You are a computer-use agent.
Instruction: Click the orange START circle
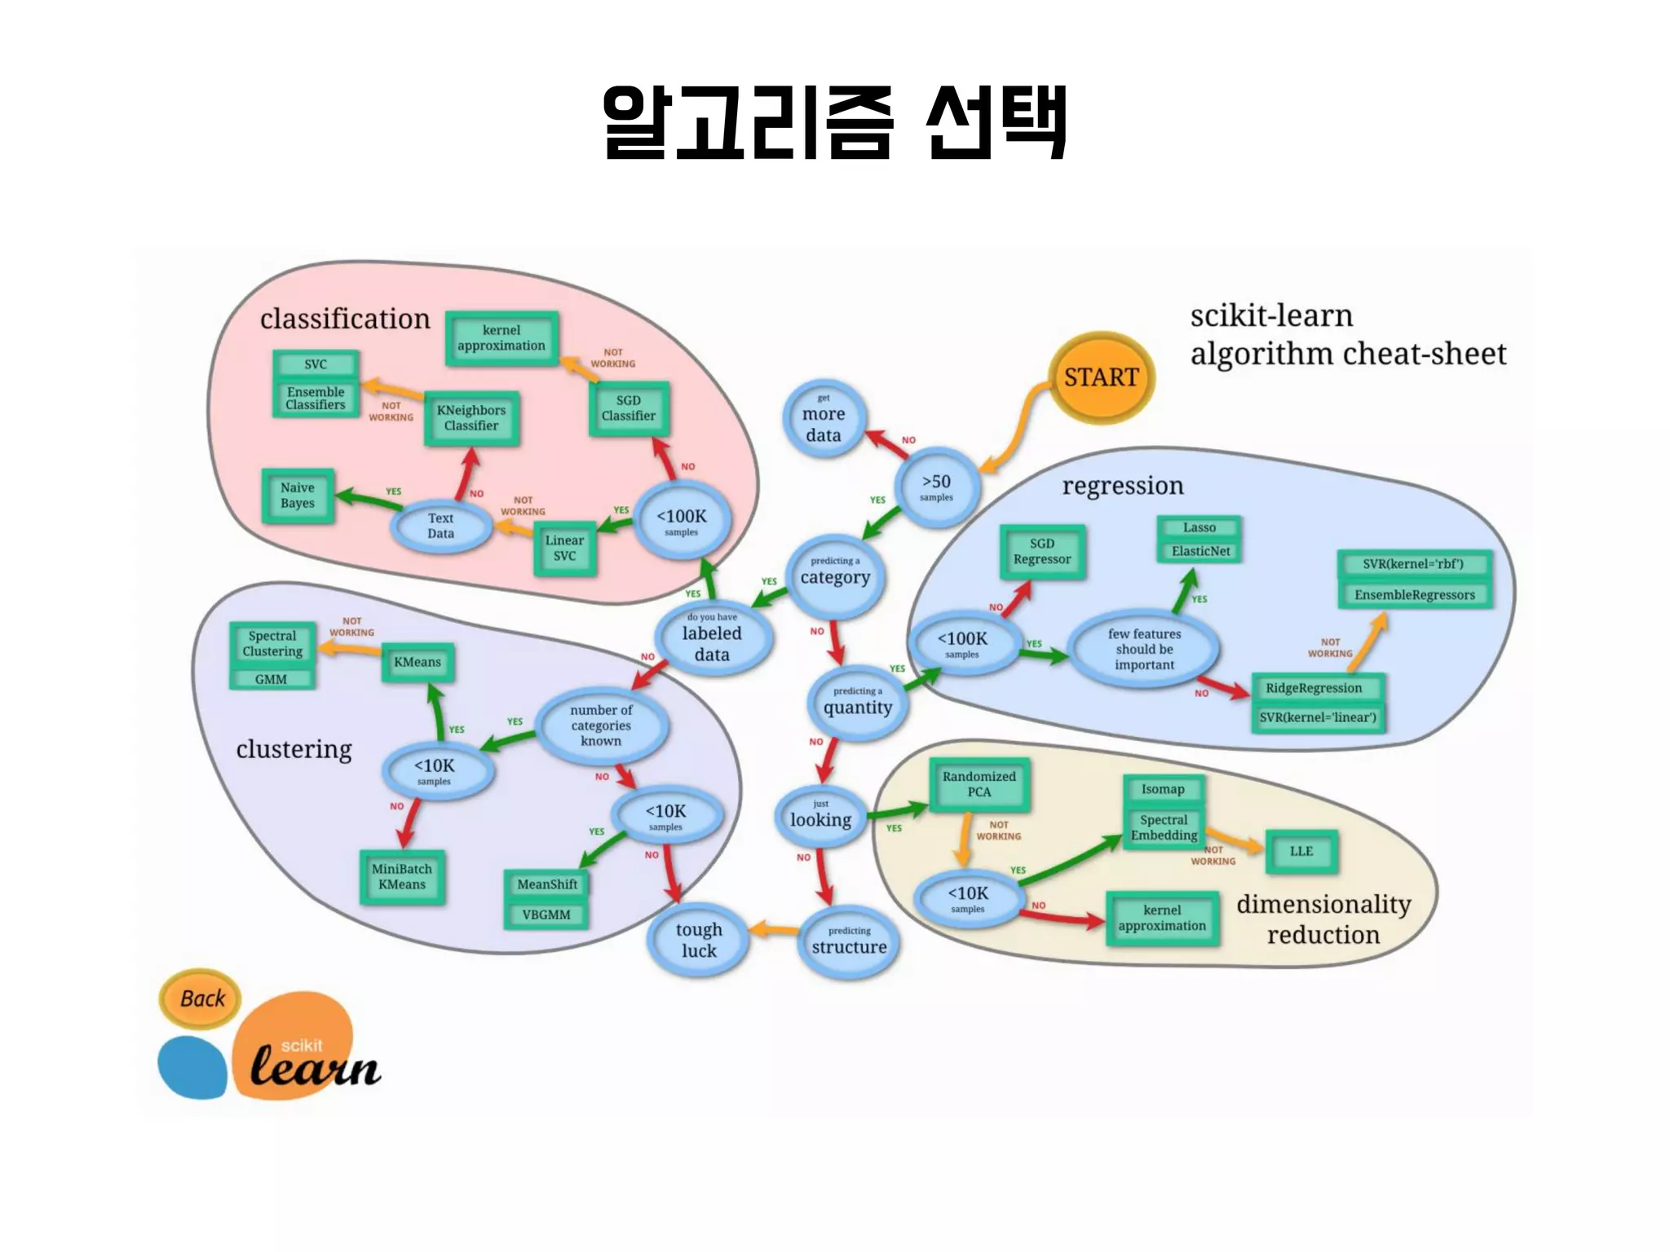(x=1101, y=377)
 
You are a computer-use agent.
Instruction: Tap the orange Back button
(x=201, y=999)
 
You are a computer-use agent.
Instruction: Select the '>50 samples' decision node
(x=936, y=487)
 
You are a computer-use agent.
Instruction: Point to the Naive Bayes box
(x=298, y=496)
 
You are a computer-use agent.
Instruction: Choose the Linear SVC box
(x=564, y=548)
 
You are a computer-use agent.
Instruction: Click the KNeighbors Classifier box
(x=471, y=418)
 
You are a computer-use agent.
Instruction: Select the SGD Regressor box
(x=1042, y=552)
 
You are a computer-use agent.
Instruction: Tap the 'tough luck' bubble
(x=699, y=940)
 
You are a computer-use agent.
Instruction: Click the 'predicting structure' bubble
(x=849, y=941)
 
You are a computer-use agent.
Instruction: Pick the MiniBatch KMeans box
(x=402, y=877)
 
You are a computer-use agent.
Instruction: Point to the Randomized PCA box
(x=979, y=784)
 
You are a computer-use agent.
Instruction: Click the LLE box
(x=1301, y=851)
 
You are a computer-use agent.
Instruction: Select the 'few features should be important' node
(x=1144, y=649)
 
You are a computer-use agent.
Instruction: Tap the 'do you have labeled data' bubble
(x=712, y=638)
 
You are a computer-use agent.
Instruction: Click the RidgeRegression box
(x=1314, y=688)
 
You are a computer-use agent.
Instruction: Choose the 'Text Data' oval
(x=440, y=526)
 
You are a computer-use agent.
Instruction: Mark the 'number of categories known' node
(x=601, y=725)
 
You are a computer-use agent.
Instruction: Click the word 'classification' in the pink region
(x=345, y=319)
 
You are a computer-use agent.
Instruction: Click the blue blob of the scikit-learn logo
(x=192, y=1067)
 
